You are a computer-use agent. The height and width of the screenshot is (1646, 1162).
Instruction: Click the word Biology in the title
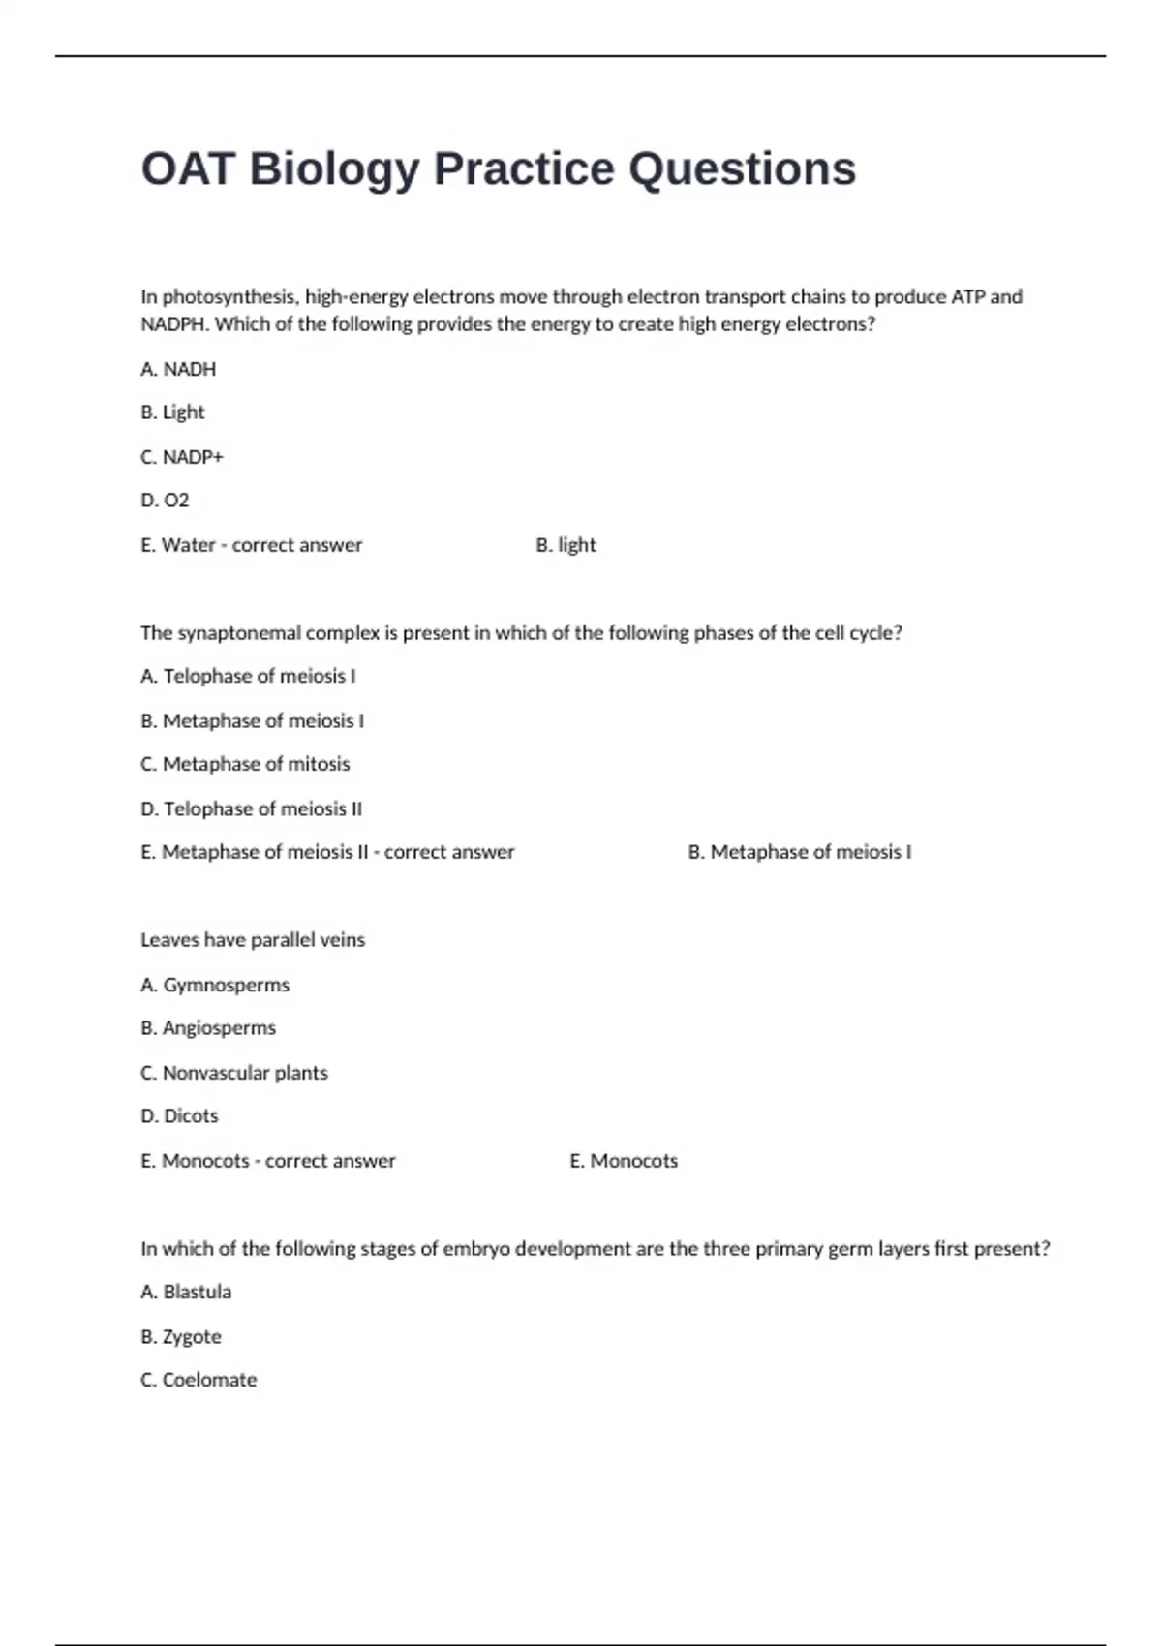[334, 169]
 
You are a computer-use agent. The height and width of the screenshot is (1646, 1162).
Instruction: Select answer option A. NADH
[178, 369]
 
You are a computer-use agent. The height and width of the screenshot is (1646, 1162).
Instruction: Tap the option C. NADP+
[182, 457]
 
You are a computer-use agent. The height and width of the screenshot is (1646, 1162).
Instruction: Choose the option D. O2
[165, 501]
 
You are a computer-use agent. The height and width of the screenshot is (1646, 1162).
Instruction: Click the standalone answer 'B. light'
[566, 545]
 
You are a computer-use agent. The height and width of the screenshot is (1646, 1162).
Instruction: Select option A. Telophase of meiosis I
[248, 676]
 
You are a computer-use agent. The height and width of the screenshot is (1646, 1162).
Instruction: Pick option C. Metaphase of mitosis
[245, 764]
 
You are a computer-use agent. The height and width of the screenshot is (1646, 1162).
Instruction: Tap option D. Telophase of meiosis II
[251, 808]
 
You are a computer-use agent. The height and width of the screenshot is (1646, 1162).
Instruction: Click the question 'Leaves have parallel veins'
[253, 940]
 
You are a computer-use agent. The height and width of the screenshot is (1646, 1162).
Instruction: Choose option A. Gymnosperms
[215, 985]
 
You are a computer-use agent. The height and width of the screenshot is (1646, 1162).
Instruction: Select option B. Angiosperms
[208, 1028]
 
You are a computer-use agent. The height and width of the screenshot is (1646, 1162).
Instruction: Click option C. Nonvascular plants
[234, 1073]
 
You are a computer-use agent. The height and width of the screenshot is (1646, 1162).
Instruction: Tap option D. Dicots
[179, 1116]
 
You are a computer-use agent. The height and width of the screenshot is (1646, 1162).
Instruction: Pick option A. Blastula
[186, 1292]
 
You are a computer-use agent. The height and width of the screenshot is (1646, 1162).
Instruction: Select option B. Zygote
[181, 1336]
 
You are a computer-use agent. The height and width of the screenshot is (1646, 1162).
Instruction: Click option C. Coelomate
[199, 1380]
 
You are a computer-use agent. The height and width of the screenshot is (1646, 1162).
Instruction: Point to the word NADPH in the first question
[174, 324]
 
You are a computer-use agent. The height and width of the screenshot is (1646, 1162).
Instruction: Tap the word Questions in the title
[742, 169]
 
